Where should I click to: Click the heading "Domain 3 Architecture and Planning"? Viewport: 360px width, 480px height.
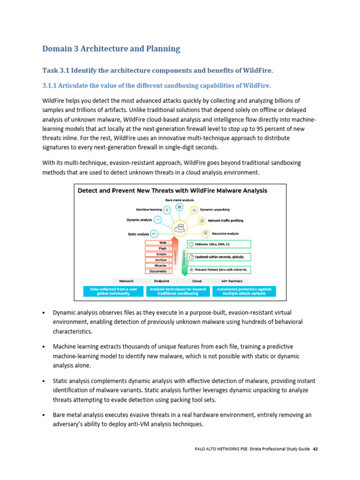click(x=111, y=49)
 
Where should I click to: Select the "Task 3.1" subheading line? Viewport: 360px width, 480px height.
click(x=157, y=70)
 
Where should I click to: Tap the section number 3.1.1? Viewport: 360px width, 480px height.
click(x=53, y=86)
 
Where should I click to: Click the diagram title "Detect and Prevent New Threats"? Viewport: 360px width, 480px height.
click(x=172, y=191)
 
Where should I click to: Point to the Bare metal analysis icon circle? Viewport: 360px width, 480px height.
click(x=179, y=207)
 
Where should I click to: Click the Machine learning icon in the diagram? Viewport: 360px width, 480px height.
click(x=167, y=210)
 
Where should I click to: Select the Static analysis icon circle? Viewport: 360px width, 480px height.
click(x=154, y=233)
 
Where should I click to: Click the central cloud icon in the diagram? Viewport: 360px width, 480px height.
click(x=180, y=228)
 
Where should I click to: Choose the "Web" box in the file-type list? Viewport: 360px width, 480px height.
click(x=158, y=243)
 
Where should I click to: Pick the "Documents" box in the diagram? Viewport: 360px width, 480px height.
click(x=158, y=271)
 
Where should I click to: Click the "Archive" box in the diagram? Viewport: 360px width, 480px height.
click(x=158, y=260)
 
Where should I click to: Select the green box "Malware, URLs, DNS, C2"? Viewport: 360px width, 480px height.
click(x=219, y=244)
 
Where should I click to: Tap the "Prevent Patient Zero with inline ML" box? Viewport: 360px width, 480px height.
click(x=219, y=270)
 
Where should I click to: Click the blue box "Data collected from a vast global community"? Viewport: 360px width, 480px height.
click(x=113, y=292)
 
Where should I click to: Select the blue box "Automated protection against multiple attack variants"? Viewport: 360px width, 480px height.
click(x=244, y=292)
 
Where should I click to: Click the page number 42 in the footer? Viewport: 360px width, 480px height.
click(x=315, y=449)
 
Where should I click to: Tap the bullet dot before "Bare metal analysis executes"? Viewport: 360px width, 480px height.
click(x=44, y=415)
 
